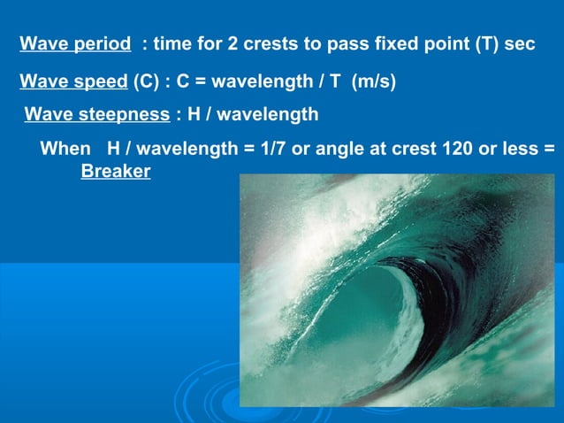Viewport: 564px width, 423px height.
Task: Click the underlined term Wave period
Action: point(75,44)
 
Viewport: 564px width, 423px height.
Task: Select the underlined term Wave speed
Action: point(73,82)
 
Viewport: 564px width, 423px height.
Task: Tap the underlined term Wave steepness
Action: point(96,115)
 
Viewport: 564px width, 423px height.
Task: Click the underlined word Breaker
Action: point(115,171)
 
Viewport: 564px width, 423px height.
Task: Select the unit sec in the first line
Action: point(521,44)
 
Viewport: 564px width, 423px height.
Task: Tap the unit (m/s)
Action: point(374,82)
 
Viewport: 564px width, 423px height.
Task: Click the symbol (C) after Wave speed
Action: point(147,82)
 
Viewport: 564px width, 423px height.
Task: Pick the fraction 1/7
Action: point(271,148)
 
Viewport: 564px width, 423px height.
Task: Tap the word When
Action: point(65,148)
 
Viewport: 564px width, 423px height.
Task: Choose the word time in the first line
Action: point(171,44)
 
